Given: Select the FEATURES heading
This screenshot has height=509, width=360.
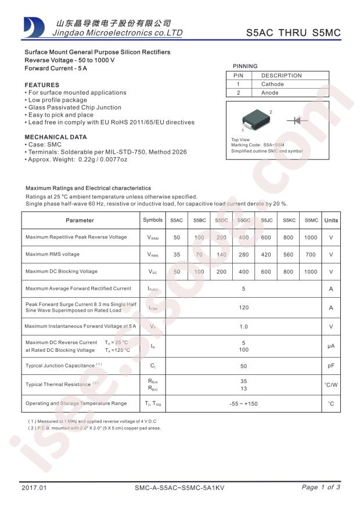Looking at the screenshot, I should pyautogui.click(x=42, y=85).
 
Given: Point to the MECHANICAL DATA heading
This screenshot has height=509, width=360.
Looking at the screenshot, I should pyautogui.click(x=55, y=137).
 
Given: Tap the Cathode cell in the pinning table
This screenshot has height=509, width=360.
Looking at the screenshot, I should pyautogui.click(x=272, y=84).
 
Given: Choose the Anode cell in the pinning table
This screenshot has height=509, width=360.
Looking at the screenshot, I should pyautogui.click(x=270, y=93).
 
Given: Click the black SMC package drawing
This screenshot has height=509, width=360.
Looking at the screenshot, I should pyautogui.click(x=255, y=120).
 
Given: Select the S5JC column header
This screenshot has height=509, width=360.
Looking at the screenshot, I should pyautogui.click(x=267, y=221).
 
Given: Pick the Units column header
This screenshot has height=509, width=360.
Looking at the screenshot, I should pyautogui.click(x=331, y=221).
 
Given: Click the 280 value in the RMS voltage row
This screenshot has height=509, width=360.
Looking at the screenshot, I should pyautogui.click(x=243, y=254).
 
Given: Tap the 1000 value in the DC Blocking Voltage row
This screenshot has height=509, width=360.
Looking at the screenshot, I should pyautogui.click(x=311, y=272).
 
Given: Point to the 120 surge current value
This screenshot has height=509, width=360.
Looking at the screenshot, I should pyautogui.click(x=243, y=308).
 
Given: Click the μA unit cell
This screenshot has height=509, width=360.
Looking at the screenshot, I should pyautogui.click(x=331, y=346).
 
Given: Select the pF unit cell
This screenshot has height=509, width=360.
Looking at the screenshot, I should pyautogui.click(x=331, y=366).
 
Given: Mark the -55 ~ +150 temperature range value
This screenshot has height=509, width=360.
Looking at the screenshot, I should pyautogui.click(x=243, y=403).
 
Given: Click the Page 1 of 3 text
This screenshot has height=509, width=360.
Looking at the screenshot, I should pyautogui.click(x=321, y=488).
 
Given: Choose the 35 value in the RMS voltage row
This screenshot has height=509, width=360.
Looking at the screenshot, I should pyautogui.click(x=177, y=254).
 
